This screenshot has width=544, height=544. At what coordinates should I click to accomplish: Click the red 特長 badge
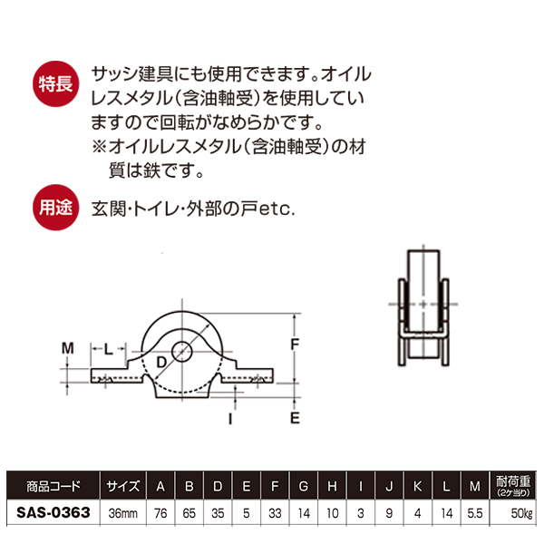(x=55, y=84)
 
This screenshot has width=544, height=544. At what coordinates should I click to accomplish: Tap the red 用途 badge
(x=55, y=208)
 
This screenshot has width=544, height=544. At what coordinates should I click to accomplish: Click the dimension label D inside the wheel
(x=161, y=362)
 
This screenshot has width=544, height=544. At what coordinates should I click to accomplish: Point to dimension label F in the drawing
(x=295, y=345)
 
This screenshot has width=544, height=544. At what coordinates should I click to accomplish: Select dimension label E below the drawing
(x=295, y=418)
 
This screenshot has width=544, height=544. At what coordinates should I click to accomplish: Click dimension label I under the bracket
(x=230, y=419)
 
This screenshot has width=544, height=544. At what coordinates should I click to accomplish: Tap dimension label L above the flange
(x=109, y=349)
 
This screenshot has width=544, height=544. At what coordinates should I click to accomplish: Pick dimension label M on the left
(x=68, y=348)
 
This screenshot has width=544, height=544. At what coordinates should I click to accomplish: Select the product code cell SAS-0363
(x=53, y=512)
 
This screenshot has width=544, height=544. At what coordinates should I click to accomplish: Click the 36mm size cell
(x=123, y=513)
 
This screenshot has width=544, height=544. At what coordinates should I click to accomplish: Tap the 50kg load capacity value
(x=522, y=513)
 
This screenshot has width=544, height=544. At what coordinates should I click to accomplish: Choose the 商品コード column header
(x=53, y=486)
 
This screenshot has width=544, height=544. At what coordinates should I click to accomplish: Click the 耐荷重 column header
(x=513, y=485)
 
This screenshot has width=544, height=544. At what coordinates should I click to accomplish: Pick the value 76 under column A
(x=160, y=513)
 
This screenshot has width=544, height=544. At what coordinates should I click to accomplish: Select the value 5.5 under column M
(x=475, y=513)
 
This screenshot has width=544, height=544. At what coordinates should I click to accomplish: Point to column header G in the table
(x=304, y=486)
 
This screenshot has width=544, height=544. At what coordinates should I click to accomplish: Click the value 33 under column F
(x=275, y=513)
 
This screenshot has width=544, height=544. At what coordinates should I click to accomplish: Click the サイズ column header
(x=123, y=486)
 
